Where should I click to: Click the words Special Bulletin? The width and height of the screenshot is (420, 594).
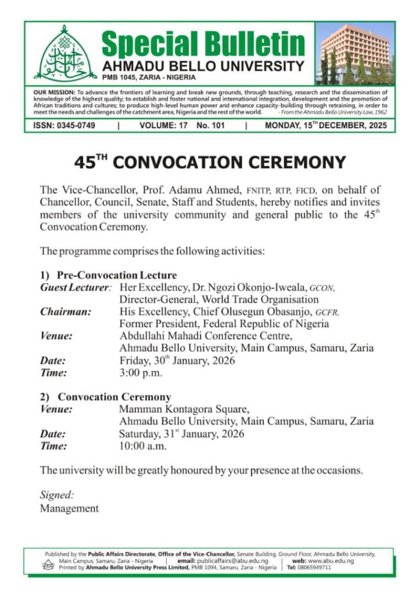click(203, 43)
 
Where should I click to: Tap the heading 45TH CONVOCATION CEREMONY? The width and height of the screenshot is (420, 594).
click(210, 163)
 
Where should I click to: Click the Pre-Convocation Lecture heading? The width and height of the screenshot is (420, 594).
click(116, 275)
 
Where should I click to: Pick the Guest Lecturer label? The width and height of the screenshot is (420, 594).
click(74, 287)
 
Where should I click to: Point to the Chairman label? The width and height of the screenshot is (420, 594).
click(66, 312)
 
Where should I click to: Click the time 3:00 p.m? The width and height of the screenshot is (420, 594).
click(141, 373)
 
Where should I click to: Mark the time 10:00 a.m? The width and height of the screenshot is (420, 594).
click(143, 446)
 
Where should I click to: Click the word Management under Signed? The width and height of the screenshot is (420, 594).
click(69, 508)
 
